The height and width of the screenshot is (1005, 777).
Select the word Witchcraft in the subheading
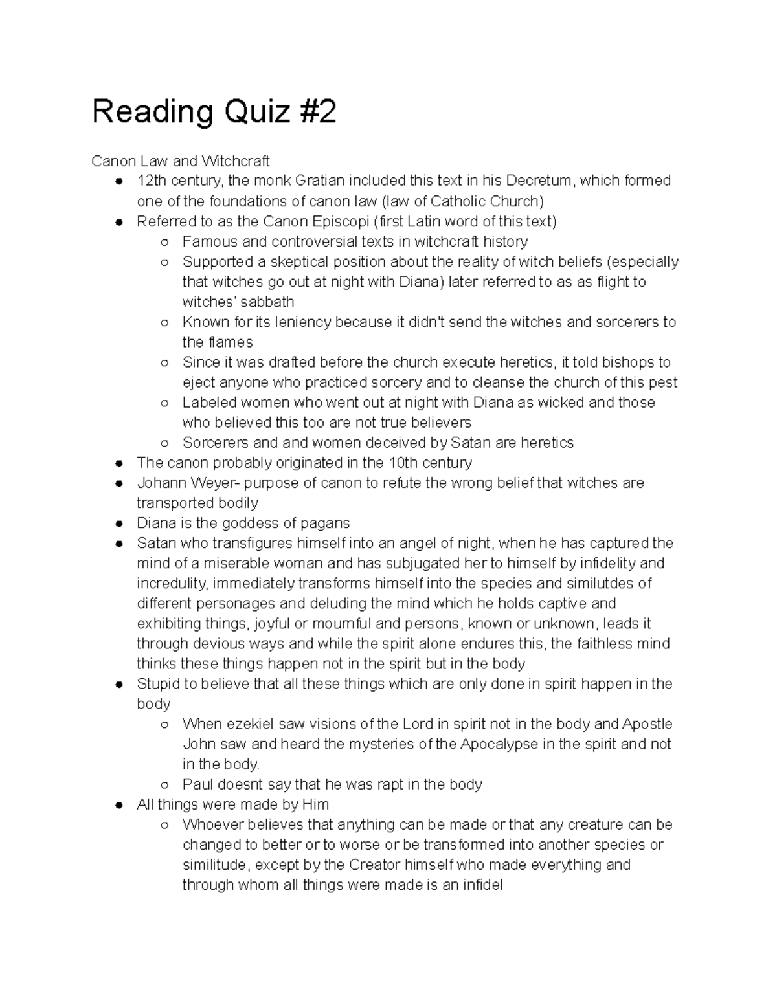click(x=235, y=160)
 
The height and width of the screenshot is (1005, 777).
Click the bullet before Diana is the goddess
click(x=118, y=524)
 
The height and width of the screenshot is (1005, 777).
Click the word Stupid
click(x=157, y=683)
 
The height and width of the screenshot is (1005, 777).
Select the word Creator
click(x=374, y=865)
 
